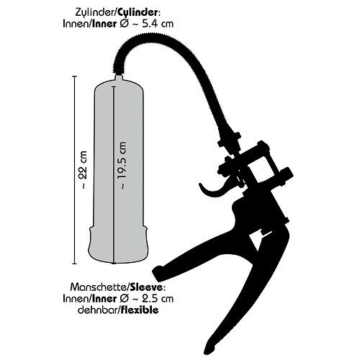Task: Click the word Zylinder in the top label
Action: coord(96,13)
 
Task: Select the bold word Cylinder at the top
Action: coord(138,13)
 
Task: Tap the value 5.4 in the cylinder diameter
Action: coord(150,24)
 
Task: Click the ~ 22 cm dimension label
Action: coord(84,170)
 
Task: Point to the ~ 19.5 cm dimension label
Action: coord(122,166)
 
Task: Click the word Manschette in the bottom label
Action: coord(99,287)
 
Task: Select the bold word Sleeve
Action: coord(145,287)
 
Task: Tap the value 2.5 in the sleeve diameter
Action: coord(150,299)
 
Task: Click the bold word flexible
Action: coord(139,310)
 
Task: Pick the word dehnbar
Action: coord(98,310)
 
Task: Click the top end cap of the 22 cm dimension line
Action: coord(74,76)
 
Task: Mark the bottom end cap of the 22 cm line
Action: coord(74,264)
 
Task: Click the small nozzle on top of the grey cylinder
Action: coord(119,78)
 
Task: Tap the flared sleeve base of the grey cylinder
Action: coord(119,244)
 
